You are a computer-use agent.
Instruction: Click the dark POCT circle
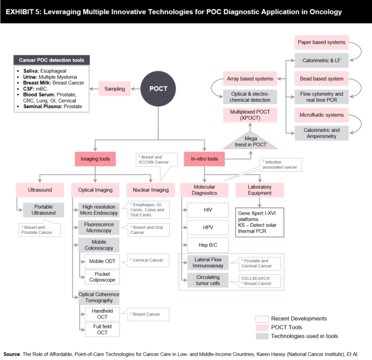(x=159, y=88)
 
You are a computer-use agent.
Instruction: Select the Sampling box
(x=115, y=89)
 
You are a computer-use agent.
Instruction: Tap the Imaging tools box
(x=96, y=159)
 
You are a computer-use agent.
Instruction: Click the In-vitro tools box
(x=204, y=159)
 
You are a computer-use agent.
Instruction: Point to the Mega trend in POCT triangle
(x=251, y=141)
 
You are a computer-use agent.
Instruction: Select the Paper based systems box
(x=321, y=43)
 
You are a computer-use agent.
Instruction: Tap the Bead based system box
(x=321, y=79)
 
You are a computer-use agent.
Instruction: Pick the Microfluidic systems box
(x=321, y=115)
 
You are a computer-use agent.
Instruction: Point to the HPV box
(x=207, y=228)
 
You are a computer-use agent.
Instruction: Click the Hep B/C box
(x=207, y=245)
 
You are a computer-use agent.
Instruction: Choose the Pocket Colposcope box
(x=102, y=278)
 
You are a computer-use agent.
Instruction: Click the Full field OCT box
(x=102, y=329)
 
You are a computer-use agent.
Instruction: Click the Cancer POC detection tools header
(x=52, y=60)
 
